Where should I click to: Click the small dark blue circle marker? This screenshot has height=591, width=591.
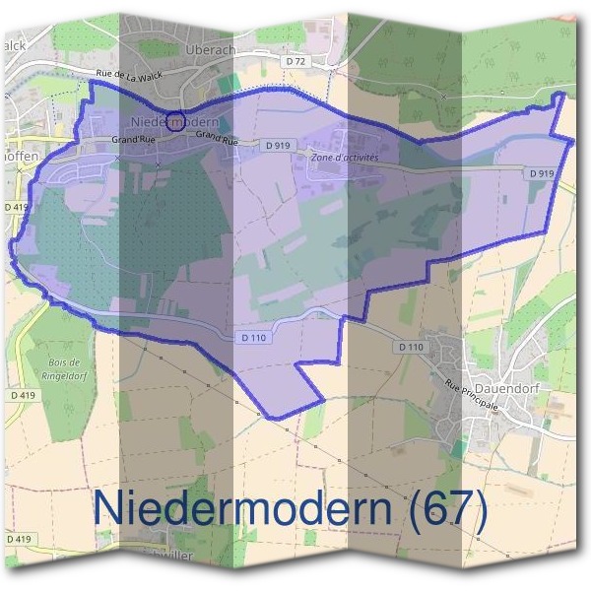coord(175,121)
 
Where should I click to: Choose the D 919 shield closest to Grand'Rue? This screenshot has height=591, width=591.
coord(279,145)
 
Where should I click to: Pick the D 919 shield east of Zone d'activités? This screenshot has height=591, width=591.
coord(541,172)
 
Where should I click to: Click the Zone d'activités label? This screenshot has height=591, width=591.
coord(344,157)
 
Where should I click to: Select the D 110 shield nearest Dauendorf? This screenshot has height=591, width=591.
coord(412,347)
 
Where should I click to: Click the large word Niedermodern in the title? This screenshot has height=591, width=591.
coord(234,508)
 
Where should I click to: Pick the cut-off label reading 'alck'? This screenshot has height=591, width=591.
coord(16,45)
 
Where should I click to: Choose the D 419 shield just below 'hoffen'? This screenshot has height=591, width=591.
coord(17,207)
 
